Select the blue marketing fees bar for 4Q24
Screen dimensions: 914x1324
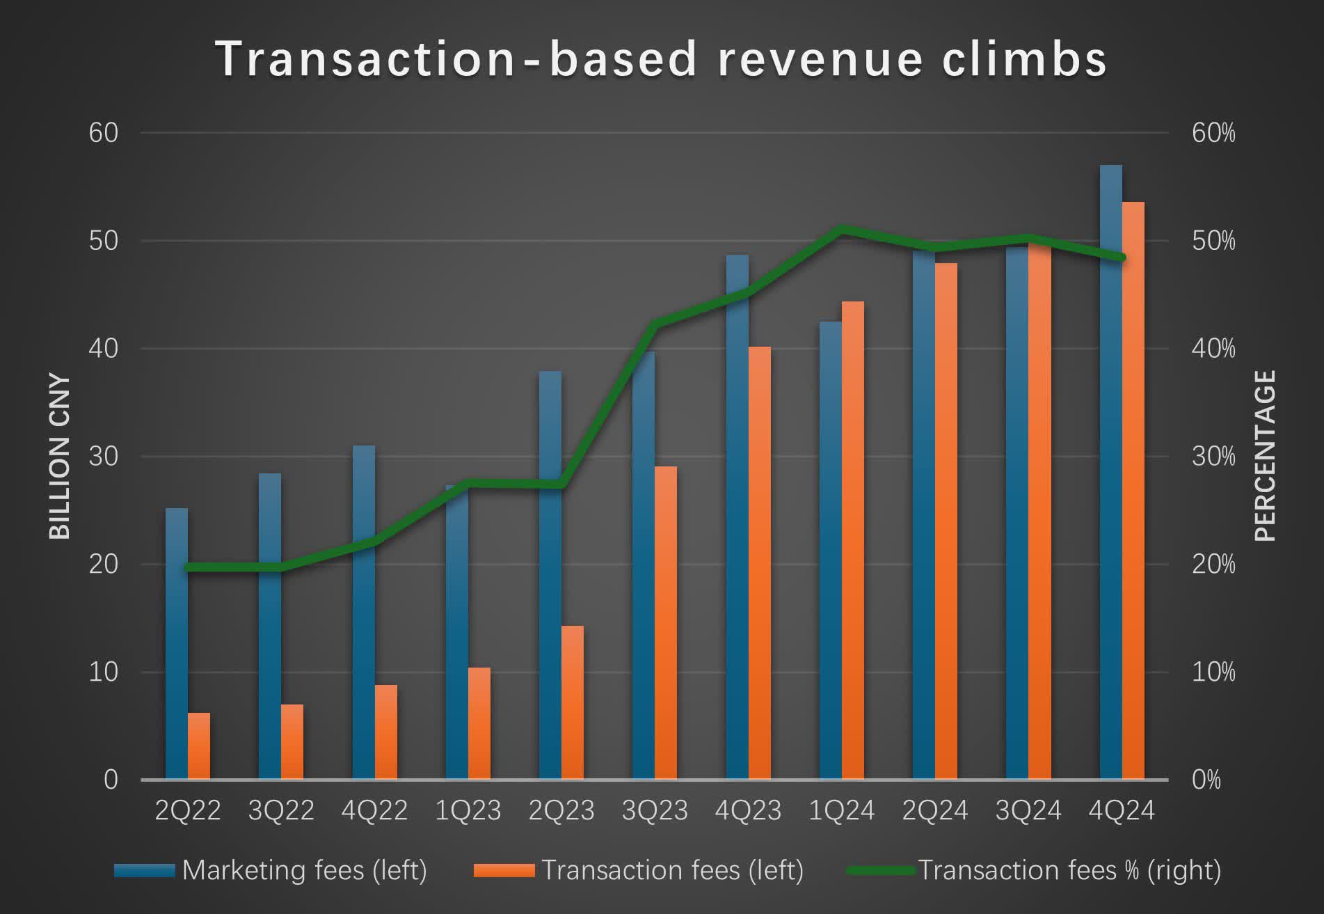(x=1110, y=473)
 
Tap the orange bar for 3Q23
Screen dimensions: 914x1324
(x=666, y=623)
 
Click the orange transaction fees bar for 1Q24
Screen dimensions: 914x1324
(x=853, y=539)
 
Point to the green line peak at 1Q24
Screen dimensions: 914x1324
(x=842, y=229)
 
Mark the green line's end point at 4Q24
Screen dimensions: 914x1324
(x=1122, y=258)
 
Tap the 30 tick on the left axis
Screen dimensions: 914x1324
(x=103, y=457)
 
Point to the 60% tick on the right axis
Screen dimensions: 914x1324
(x=1213, y=133)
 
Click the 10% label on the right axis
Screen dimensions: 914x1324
(x=1213, y=672)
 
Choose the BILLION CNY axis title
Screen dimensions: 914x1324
(x=60, y=457)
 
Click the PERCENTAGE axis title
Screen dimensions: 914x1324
(x=1265, y=456)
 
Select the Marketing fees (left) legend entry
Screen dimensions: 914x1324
(x=304, y=870)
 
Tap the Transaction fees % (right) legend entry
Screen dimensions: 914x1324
(x=1069, y=870)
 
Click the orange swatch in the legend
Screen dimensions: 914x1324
(x=504, y=870)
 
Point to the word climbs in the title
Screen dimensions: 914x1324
(x=1024, y=59)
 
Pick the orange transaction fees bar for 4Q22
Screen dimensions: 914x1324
(x=386, y=732)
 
